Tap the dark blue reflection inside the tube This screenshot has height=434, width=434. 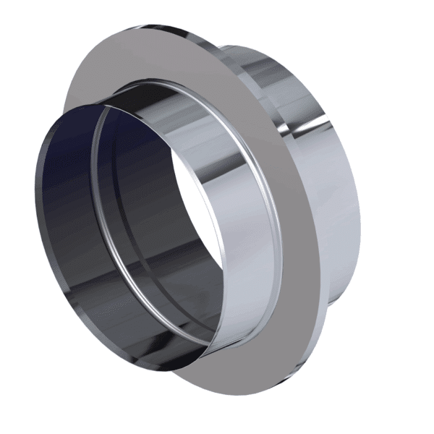coord(61,166)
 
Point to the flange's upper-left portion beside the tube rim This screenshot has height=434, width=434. coord(94,80)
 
